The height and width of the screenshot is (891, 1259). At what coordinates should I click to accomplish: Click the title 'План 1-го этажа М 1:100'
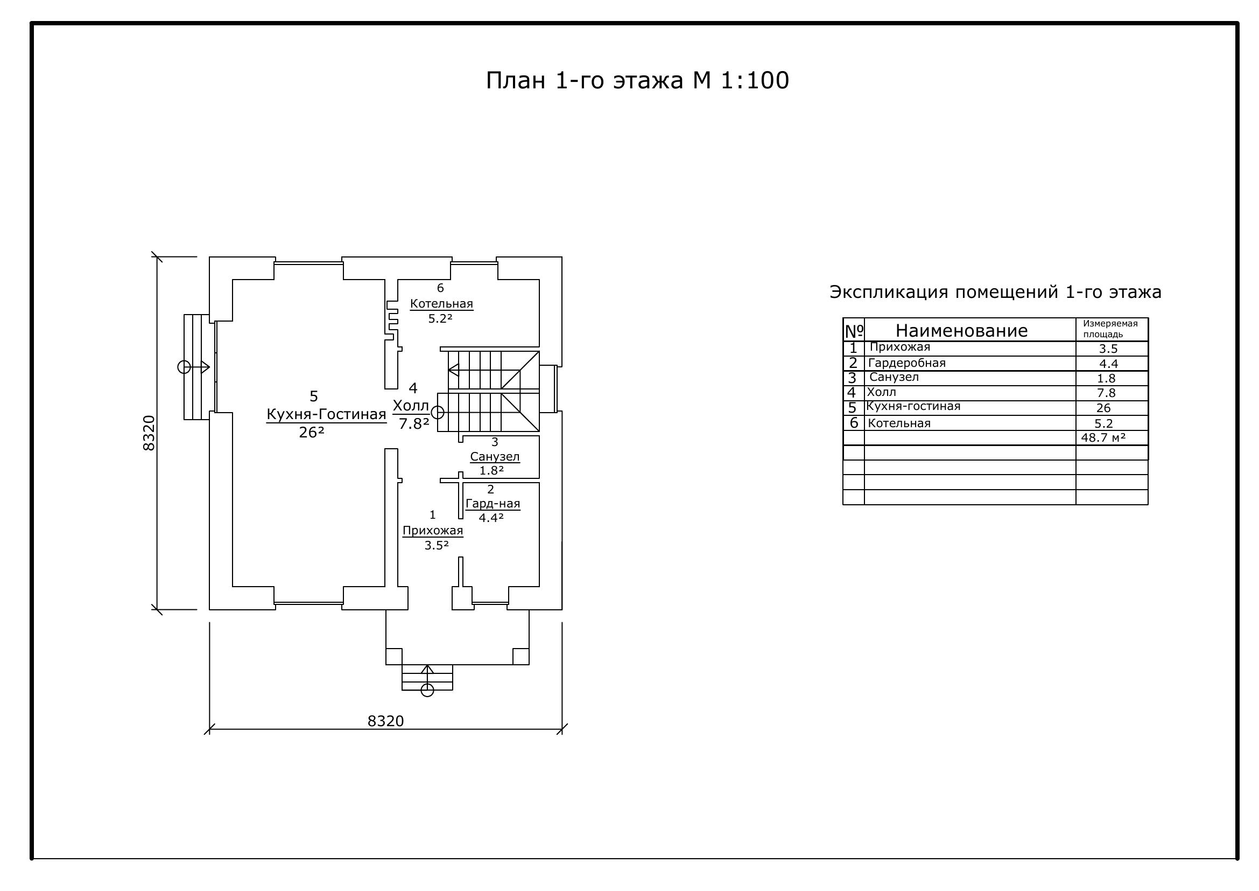pyautogui.click(x=637, y=80)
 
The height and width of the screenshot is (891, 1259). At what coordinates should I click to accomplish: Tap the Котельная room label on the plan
pyautogui.click(x=441, y=303)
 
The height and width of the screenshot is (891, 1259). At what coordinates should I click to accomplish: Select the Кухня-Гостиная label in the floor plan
pyautogui.click(x=326, y=414)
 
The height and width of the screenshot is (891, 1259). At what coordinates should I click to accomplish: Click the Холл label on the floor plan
pyautogui.click(x=411, y=406)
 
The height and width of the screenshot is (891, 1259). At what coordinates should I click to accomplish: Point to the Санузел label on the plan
pyautogui.click(x=495, y=456)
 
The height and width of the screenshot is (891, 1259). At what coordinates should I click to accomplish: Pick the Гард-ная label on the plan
pyautogui.click(x=493, y=504)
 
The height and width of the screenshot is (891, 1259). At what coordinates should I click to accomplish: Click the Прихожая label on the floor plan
pyautogui.click(x=433, y=531)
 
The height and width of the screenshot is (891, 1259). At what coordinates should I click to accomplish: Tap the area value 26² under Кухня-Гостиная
pyautogui.click(x=312, y=433)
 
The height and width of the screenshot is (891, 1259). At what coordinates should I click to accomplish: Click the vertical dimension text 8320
pyautogui.click(x=149, y=433)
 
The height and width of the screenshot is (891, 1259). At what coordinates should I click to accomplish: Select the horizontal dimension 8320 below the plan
pyautogui.click(x=385, y=721)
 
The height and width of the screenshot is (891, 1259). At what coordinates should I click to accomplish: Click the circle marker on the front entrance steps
pyautogui.click(x=427, y=690)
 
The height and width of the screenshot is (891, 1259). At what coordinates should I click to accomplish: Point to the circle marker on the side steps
pyautogui.click(x=184, y=367)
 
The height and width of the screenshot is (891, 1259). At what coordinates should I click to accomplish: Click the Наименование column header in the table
pyautogui.click(x=962, y=330)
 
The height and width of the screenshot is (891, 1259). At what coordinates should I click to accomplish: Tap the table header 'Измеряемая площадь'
pyautogui.click(x=1110, y=329)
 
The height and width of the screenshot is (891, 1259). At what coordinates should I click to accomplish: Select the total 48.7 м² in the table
pyautogui.click(x=1103, y=437)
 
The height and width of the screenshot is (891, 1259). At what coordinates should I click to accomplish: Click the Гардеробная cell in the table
pyautogui.click(x=907, y=363)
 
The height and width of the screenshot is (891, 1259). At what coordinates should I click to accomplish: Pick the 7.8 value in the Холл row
pyautogui.click(x=1107, y=393)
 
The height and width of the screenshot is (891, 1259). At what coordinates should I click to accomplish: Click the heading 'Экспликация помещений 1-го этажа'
pyautogui.click(x=995, y=292)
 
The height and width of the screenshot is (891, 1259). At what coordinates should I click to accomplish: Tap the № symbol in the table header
pyautogui.click(x=854, y=331)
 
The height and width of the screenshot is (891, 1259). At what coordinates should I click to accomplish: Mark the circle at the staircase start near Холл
pyautogui.click(x=437, y=412)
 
